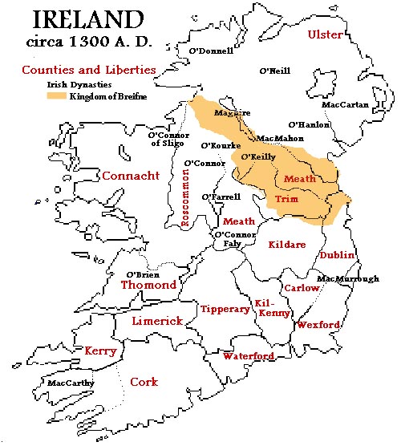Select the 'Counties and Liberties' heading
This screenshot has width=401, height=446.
(88, 70)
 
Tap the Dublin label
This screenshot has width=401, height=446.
(338, 254)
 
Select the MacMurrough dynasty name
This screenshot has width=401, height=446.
(347, 279)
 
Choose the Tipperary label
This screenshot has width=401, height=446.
(225, 309)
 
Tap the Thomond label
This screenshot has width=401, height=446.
(148, 285)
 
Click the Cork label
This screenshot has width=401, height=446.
(144, 382)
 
